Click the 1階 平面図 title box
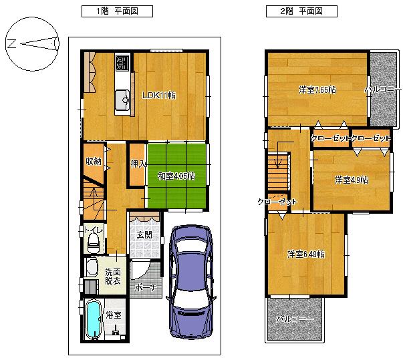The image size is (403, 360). (117, 11)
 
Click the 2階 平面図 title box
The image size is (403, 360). (294, 11)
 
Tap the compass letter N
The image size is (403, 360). (11, 44)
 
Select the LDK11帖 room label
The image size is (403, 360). (158, 95)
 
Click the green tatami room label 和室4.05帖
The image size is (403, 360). (176, 176)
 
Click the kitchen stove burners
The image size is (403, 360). (122, 63)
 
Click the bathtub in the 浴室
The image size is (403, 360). (92, 321)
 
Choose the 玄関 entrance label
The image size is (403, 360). (144, 235)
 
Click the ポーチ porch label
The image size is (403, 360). (144, 288)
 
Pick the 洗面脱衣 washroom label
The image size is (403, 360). (112, 277)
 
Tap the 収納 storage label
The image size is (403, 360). (93, 161)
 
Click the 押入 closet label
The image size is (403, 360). (138, 164)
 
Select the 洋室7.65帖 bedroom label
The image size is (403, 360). (317, 89)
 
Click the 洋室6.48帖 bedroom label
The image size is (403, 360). (306, 254)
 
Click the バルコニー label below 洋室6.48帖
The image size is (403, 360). (295, 319)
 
